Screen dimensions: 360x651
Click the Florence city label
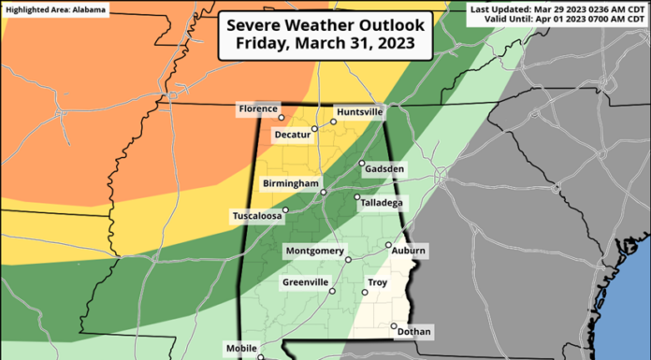[x=258, y=109]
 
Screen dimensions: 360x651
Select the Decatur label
[x=291, y=135]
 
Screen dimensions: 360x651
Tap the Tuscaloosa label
[x=257, y=216]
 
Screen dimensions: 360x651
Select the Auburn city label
[x=409, y=251]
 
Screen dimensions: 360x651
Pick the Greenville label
[x=305, y=281]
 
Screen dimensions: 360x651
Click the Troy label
[x=378, y=281]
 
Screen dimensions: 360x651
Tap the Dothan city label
[x=414, y=331]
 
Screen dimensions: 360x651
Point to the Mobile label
[x=241, y=349]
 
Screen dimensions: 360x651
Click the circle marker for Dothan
[x=393, y=325]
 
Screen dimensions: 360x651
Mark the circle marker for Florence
[x=282, y=118]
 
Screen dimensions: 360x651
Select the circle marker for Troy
[x=365, y=292]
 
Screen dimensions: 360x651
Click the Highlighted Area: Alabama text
[x=55, y=9]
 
